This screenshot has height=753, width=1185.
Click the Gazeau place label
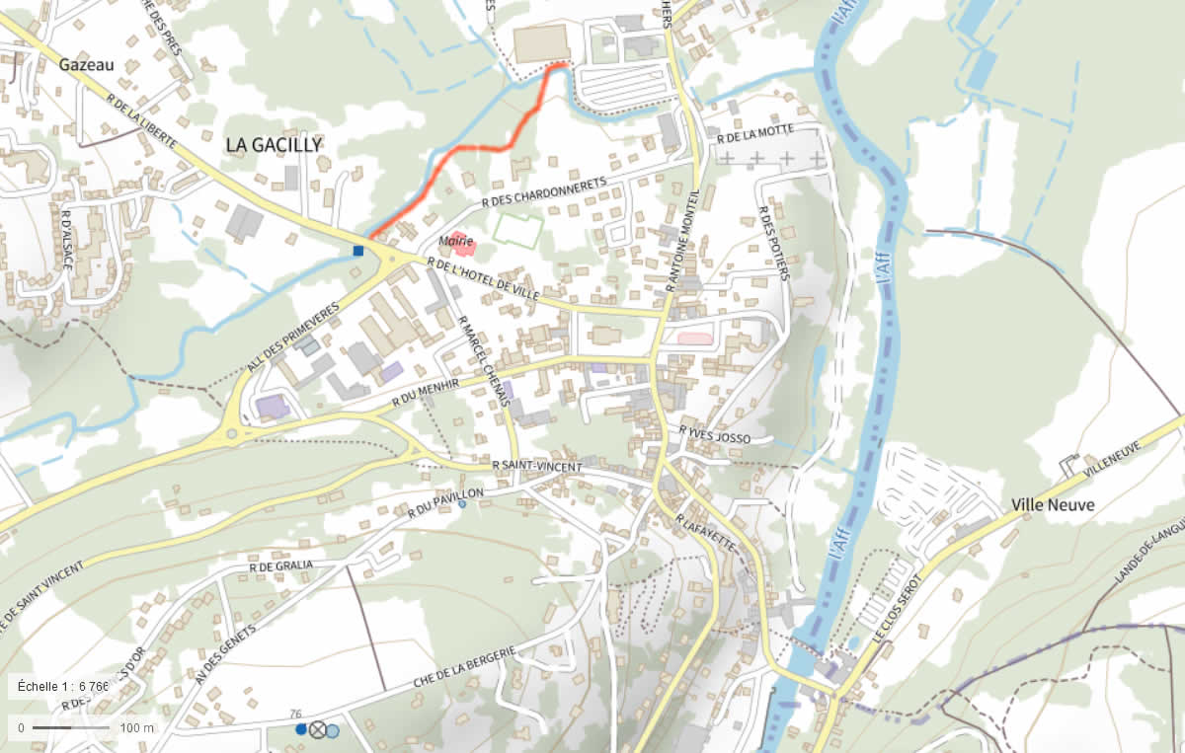click(x=87, y=65)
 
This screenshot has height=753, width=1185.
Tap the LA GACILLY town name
click(x=274, y=145)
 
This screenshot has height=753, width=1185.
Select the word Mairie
click(x=457, y=242)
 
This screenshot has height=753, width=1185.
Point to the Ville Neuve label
click(x=1053, y=504)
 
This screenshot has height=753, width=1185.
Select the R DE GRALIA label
click(x=281, y=565)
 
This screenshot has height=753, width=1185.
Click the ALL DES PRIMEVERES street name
click(x=293, y=336)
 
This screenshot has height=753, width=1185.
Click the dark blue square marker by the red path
click(x=357, y=251)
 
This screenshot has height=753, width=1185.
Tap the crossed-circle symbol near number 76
click(x=317, y=729)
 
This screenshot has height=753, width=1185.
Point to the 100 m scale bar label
click(x=137, y=728)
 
